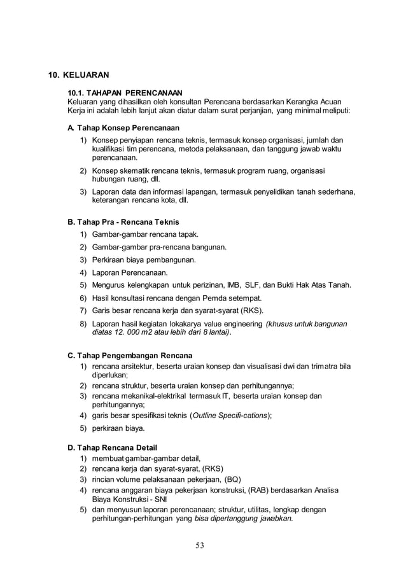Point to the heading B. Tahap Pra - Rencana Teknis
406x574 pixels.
[x=123, y=222]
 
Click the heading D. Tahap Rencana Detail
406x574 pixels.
[x=112, y=447]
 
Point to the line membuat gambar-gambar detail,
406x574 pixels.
[x=146, y=458]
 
